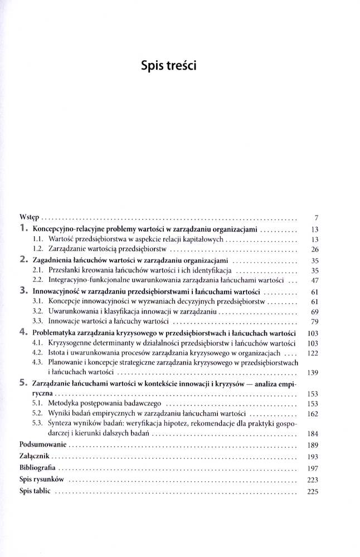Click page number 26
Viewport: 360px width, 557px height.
pyautogui.click(x=314, y=249)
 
